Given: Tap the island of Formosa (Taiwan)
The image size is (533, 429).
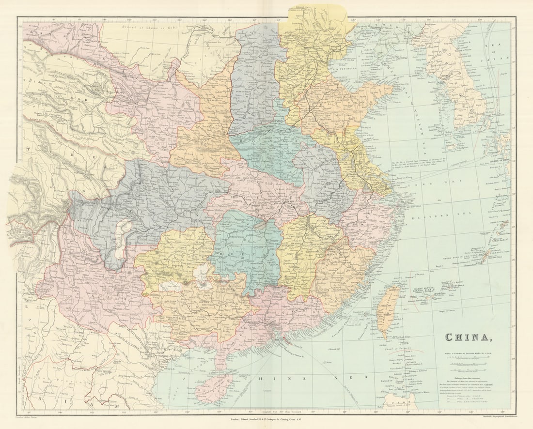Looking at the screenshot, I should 387,310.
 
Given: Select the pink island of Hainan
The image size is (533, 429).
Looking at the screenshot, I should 213,388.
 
